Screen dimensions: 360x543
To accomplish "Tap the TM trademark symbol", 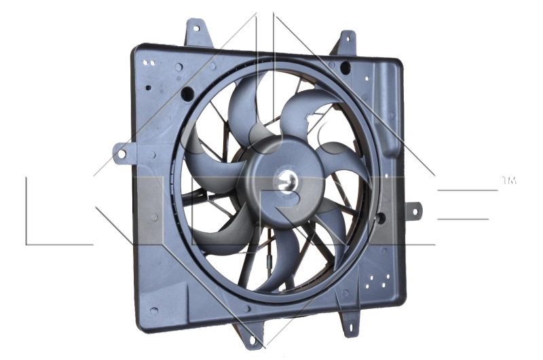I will (x=508, y=181).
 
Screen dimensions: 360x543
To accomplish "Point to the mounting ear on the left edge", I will (x=122, y=153).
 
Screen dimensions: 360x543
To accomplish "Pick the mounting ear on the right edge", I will (x=413, y=211).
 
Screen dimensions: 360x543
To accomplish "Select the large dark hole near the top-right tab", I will (x=345, y=67).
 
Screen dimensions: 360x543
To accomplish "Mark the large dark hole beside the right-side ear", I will (x=380, y=219).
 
